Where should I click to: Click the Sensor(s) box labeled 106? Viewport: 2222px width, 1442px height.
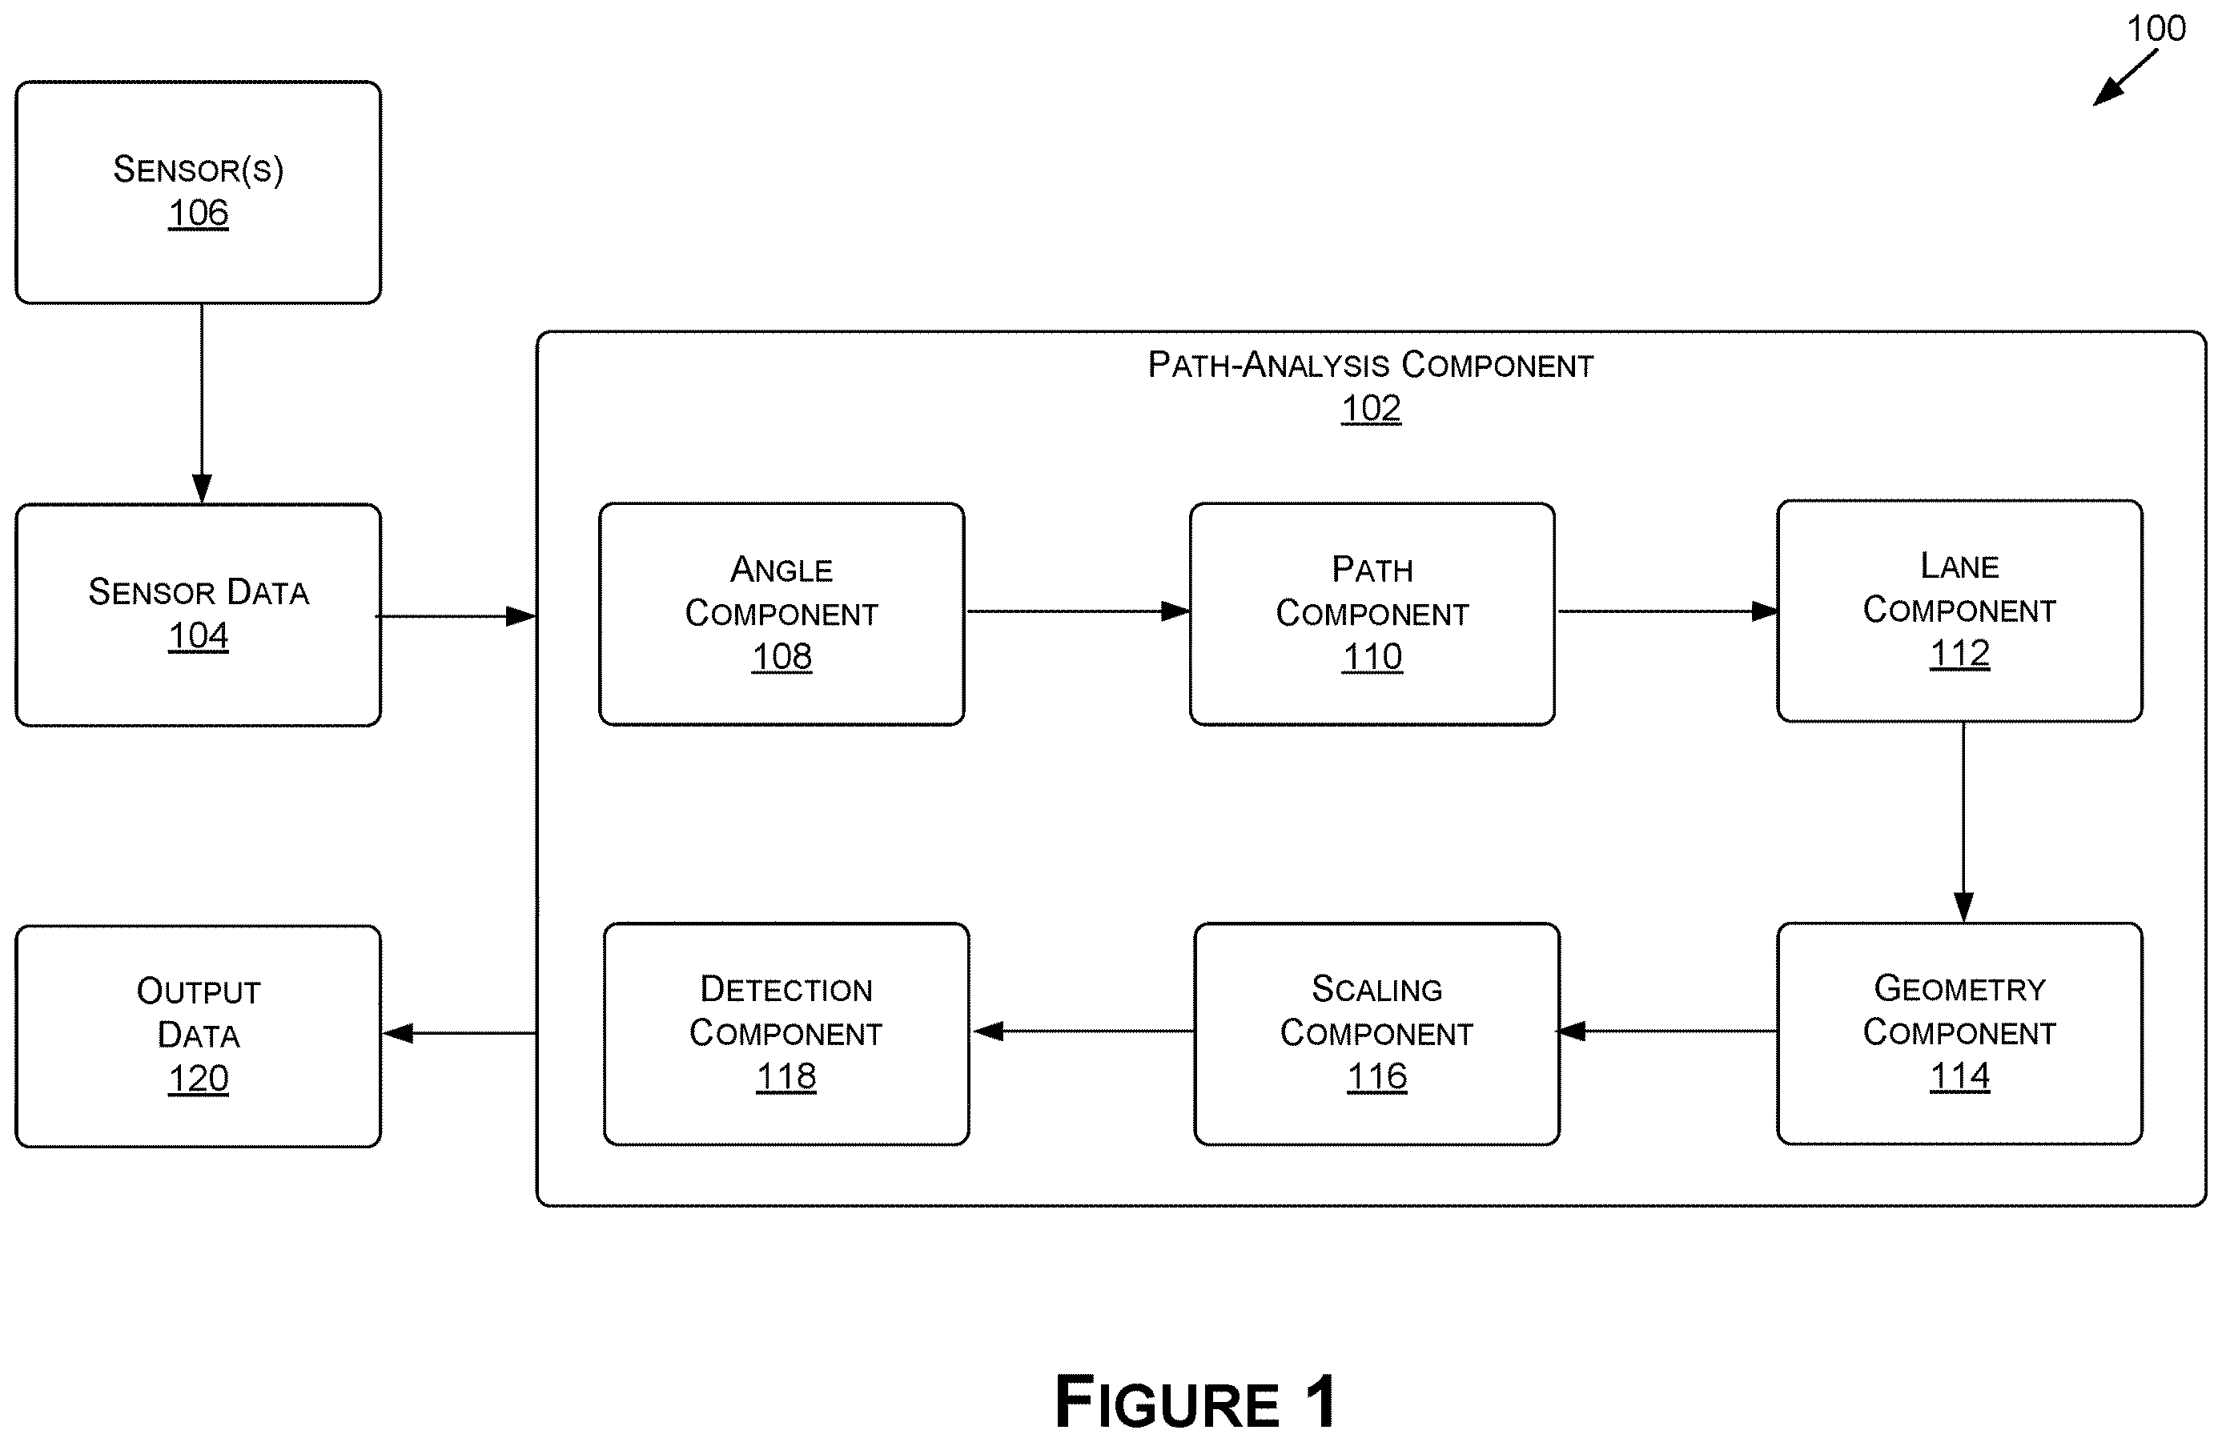pyautogui.click(x=198, y=192)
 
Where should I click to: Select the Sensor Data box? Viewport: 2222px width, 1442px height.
pyautogui.click(x=198, y=615)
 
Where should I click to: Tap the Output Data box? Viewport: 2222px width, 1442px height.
pyautogui.click(x=198, y=1036)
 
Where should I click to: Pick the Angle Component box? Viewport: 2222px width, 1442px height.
pyautogui.click(x=782, y=614)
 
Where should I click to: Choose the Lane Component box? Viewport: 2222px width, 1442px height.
pyautogui.click(x=1959, y=611)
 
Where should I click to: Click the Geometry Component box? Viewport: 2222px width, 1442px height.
pyautogui.click(x=1959, y=1034)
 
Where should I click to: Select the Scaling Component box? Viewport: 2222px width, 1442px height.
pyautogui.click(x=1377, y=1034)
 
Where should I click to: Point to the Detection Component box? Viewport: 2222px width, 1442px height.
pyautogui.click(x=786, y=1034)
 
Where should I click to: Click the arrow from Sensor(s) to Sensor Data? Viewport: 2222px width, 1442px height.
pyautogui.click(x=202, y=404)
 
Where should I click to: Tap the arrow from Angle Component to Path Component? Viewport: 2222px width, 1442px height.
pyautogui.click(x=1079, y=612)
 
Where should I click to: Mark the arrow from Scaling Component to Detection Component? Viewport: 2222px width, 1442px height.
pyautogui.click(x=1084, y=1031)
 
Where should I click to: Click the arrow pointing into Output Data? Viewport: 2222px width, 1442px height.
pyautogui.click(x=460, y=1033)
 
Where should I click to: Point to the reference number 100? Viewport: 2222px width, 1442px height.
pyautogui.click(x=2156, y=28)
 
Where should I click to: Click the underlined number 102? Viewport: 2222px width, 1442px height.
pyautogui.click(x=1371, y=409)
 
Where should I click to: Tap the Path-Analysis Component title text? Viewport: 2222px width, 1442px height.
pyautogui.click(x=1371, y=365)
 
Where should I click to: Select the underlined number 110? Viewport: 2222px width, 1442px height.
pyautogui.click(x=1372, y=658)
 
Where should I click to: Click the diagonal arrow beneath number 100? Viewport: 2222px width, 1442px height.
pyautogui.click(x=2125, y=78)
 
